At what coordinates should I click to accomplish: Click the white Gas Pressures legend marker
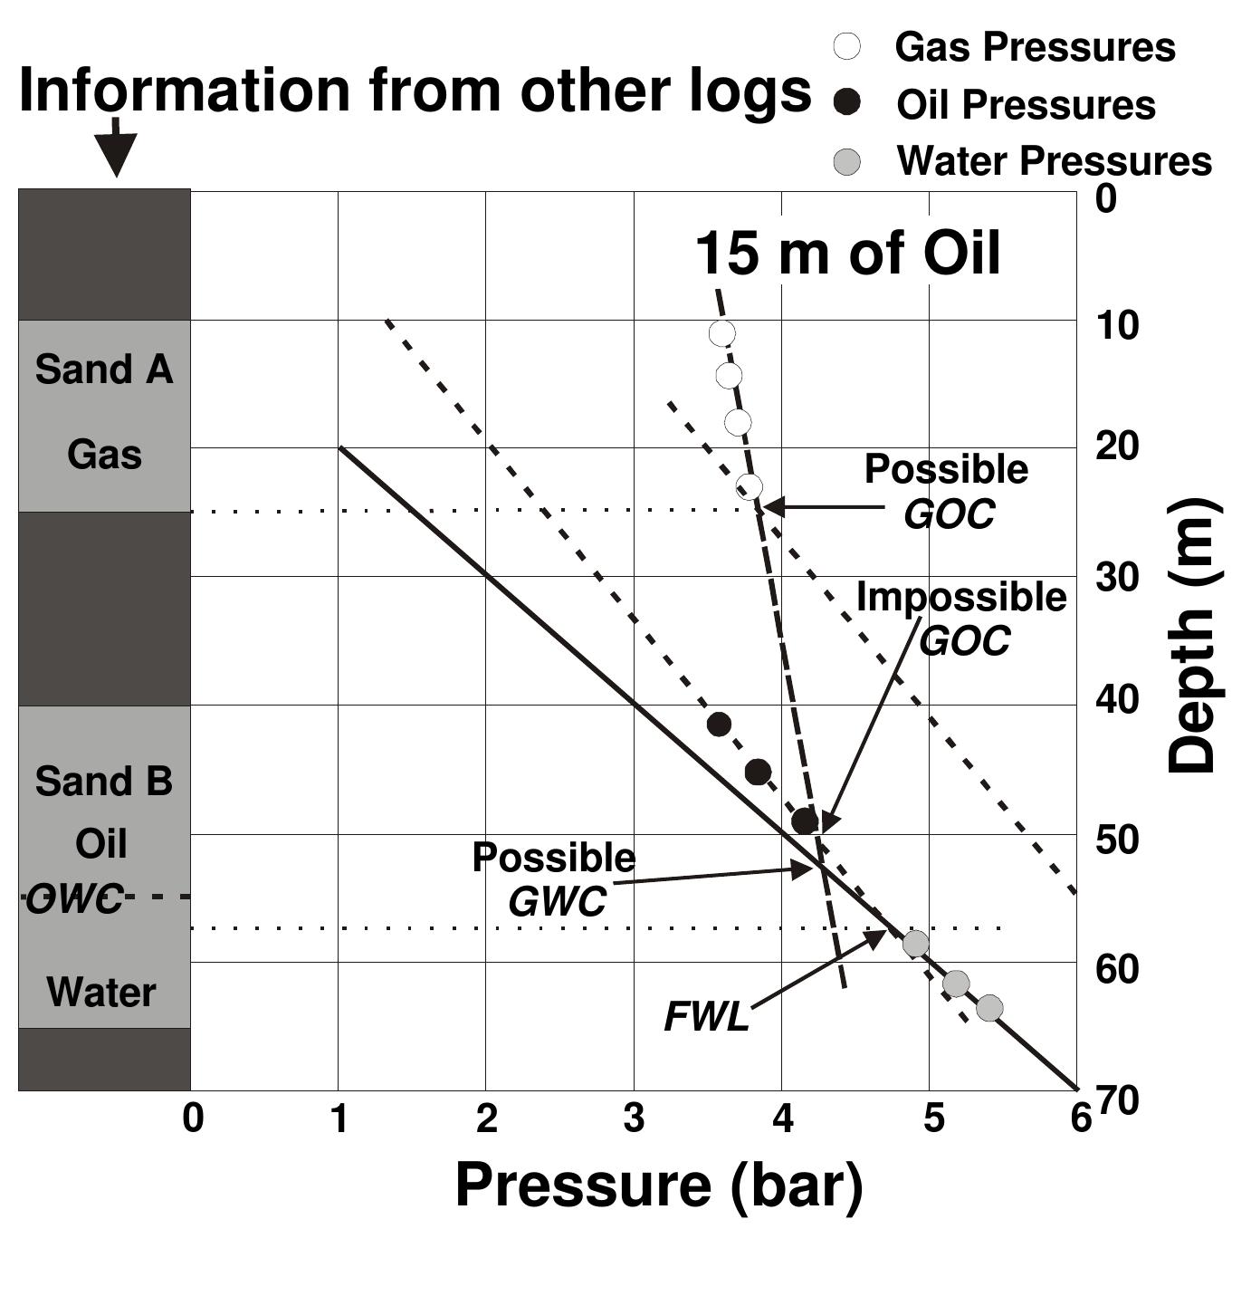846,46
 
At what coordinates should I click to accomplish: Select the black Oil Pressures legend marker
846,104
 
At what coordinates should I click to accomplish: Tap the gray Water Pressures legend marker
846,162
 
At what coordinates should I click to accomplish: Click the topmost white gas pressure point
721,333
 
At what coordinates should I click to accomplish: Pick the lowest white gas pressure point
749,487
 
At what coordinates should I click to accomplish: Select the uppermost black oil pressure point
719,725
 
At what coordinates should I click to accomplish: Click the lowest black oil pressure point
804,821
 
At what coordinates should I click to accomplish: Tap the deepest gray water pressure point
989,1008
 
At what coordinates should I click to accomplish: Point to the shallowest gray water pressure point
915,944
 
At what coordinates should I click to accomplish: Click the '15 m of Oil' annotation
847,253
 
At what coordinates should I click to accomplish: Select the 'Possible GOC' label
947,491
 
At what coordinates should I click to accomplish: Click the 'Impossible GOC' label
961,619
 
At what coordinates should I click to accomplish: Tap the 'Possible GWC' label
554,878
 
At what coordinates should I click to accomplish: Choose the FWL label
707,1017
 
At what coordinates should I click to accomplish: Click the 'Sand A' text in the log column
104,370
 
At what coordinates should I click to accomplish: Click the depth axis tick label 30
1117,576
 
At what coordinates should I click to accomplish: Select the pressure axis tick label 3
634,1119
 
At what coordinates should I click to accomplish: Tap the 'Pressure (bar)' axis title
658,1185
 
